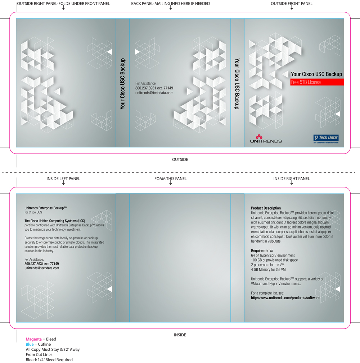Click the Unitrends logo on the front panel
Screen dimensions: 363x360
tap(266, 139)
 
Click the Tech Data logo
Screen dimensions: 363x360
tap(326, 139)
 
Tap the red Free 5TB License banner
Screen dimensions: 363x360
tap(317, 82)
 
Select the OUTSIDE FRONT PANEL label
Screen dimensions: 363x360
tap(292, 4)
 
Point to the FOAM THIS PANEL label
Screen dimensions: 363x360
tap(171, 179)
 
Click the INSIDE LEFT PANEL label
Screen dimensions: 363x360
tap(63, 179)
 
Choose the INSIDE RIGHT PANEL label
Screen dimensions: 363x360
tap(292, 179)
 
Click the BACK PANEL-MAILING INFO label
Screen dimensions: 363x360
tap(171, 4)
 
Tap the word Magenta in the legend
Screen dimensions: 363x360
tap(33, 339)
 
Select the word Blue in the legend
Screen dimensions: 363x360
tap(30, 344)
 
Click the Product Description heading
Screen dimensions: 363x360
tap(266, 208)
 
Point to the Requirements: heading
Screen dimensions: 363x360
tap(262, 251)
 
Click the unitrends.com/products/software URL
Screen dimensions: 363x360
tap(285, 298)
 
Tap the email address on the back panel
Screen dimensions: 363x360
tap(154, 93)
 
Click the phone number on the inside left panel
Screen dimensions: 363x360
tap(41, 264)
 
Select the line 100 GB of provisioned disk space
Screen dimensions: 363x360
tap(274, 260)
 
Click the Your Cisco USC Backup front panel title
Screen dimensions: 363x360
tap(316, 74)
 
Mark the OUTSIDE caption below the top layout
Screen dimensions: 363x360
tap(180, 160)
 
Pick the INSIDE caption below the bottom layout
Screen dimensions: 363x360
tap(180, 335)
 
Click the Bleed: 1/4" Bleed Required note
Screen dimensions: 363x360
tap(49, 360)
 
